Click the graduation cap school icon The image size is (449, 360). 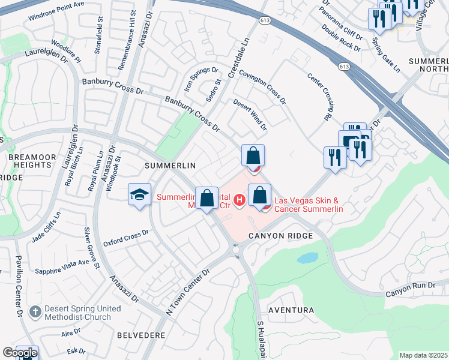139,195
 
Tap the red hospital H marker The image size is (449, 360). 240,199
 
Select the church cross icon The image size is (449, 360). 35,312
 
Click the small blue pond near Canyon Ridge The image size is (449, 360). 307,258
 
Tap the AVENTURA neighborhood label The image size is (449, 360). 291,310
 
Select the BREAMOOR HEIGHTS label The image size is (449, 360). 24,161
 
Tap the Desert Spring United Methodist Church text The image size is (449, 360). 77,313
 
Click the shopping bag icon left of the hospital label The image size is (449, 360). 206,199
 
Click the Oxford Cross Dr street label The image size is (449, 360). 125,238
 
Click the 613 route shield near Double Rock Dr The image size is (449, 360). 344,66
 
